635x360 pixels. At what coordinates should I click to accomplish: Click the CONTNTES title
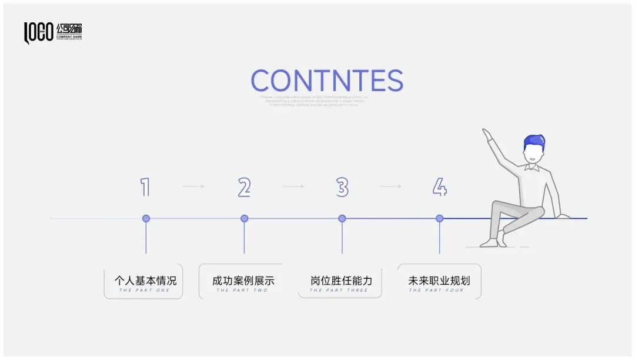(327, 81)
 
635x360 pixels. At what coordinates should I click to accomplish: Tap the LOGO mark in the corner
(38, 33)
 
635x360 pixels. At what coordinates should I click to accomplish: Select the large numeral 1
(145, 187)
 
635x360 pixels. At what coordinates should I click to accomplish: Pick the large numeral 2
(244, 187)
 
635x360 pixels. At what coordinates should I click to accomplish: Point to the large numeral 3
(342, 187)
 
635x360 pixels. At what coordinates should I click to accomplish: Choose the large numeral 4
(440, 187)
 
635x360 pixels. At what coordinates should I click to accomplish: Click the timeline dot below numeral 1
(146, 218)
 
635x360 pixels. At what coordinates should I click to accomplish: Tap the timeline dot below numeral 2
(244, 218)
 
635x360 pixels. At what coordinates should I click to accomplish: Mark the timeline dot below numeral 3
(342, 218)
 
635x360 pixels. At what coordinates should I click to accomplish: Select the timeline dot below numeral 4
(439, 218)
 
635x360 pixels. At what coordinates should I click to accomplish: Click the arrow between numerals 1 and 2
(193, 186)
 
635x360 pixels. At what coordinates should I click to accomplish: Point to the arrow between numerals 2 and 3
(293, 186)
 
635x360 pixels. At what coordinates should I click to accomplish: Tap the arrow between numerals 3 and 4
(390, 186)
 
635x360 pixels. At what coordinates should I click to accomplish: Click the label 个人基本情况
(145, 281)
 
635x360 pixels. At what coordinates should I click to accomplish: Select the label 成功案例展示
(243, 281)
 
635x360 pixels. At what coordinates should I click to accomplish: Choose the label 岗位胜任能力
(341, 281)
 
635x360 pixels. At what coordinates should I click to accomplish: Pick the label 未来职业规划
(439, 281)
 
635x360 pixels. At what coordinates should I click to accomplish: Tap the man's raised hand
(486, 134)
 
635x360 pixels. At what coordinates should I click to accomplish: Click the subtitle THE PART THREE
(339, 291)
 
